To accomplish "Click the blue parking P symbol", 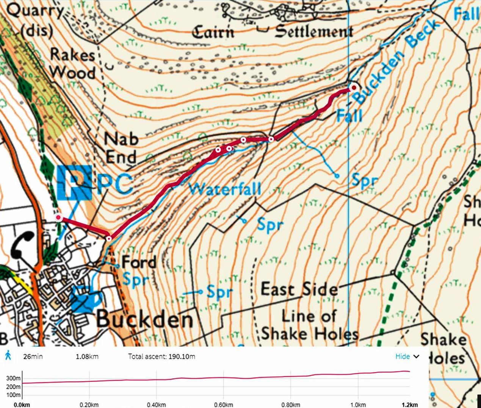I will (x=74, y=182).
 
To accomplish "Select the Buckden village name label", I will (x=145, y=319).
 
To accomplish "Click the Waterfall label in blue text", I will (x=225, y=188).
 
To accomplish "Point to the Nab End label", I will (x=121, y=148).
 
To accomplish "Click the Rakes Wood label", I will (x=72, y=64).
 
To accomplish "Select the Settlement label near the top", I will (x=314, y=31).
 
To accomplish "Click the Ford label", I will (x=139, y=262).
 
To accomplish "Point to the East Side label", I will (x=299, y=290).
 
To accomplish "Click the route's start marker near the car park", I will (x=58, y=217).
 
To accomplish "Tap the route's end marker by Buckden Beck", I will (x=354, y=88).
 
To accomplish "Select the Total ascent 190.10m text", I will (x=161, y=356).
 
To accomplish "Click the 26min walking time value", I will (x=33, y=356).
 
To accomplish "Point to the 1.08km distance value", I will (x=87, y=356).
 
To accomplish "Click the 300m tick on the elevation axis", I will (x=13, y=378).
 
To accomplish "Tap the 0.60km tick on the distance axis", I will (x=223, y=405).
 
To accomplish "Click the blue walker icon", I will (x=8, y=356).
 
